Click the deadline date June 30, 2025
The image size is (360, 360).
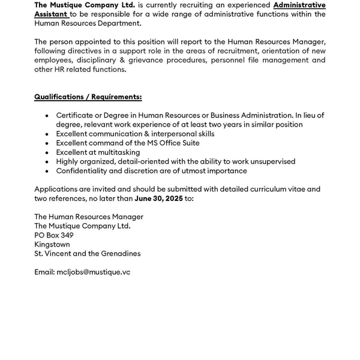pyautogui.click(x=158, y=198)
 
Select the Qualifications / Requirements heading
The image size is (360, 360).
pyautogui.click(x=88, y=97)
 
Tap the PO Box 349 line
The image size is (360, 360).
pyautogui.click(x=54, y=235)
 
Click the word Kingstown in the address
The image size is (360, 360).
pyautogui.click(x=52, y=244)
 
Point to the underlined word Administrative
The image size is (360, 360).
pyautogui.click(x=299, y=5)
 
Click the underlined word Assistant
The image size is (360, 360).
pyautogui.click(x=51, y=14)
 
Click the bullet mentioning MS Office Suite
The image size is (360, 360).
pyautogui.click(x=128, y=143)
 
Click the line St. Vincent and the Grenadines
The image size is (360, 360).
pyautogui.click(x=88, y=253)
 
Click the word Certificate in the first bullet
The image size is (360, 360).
pyautogui.click(x=77, y=115)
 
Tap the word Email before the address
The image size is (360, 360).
pyautogui.click(x=44, y=272)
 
